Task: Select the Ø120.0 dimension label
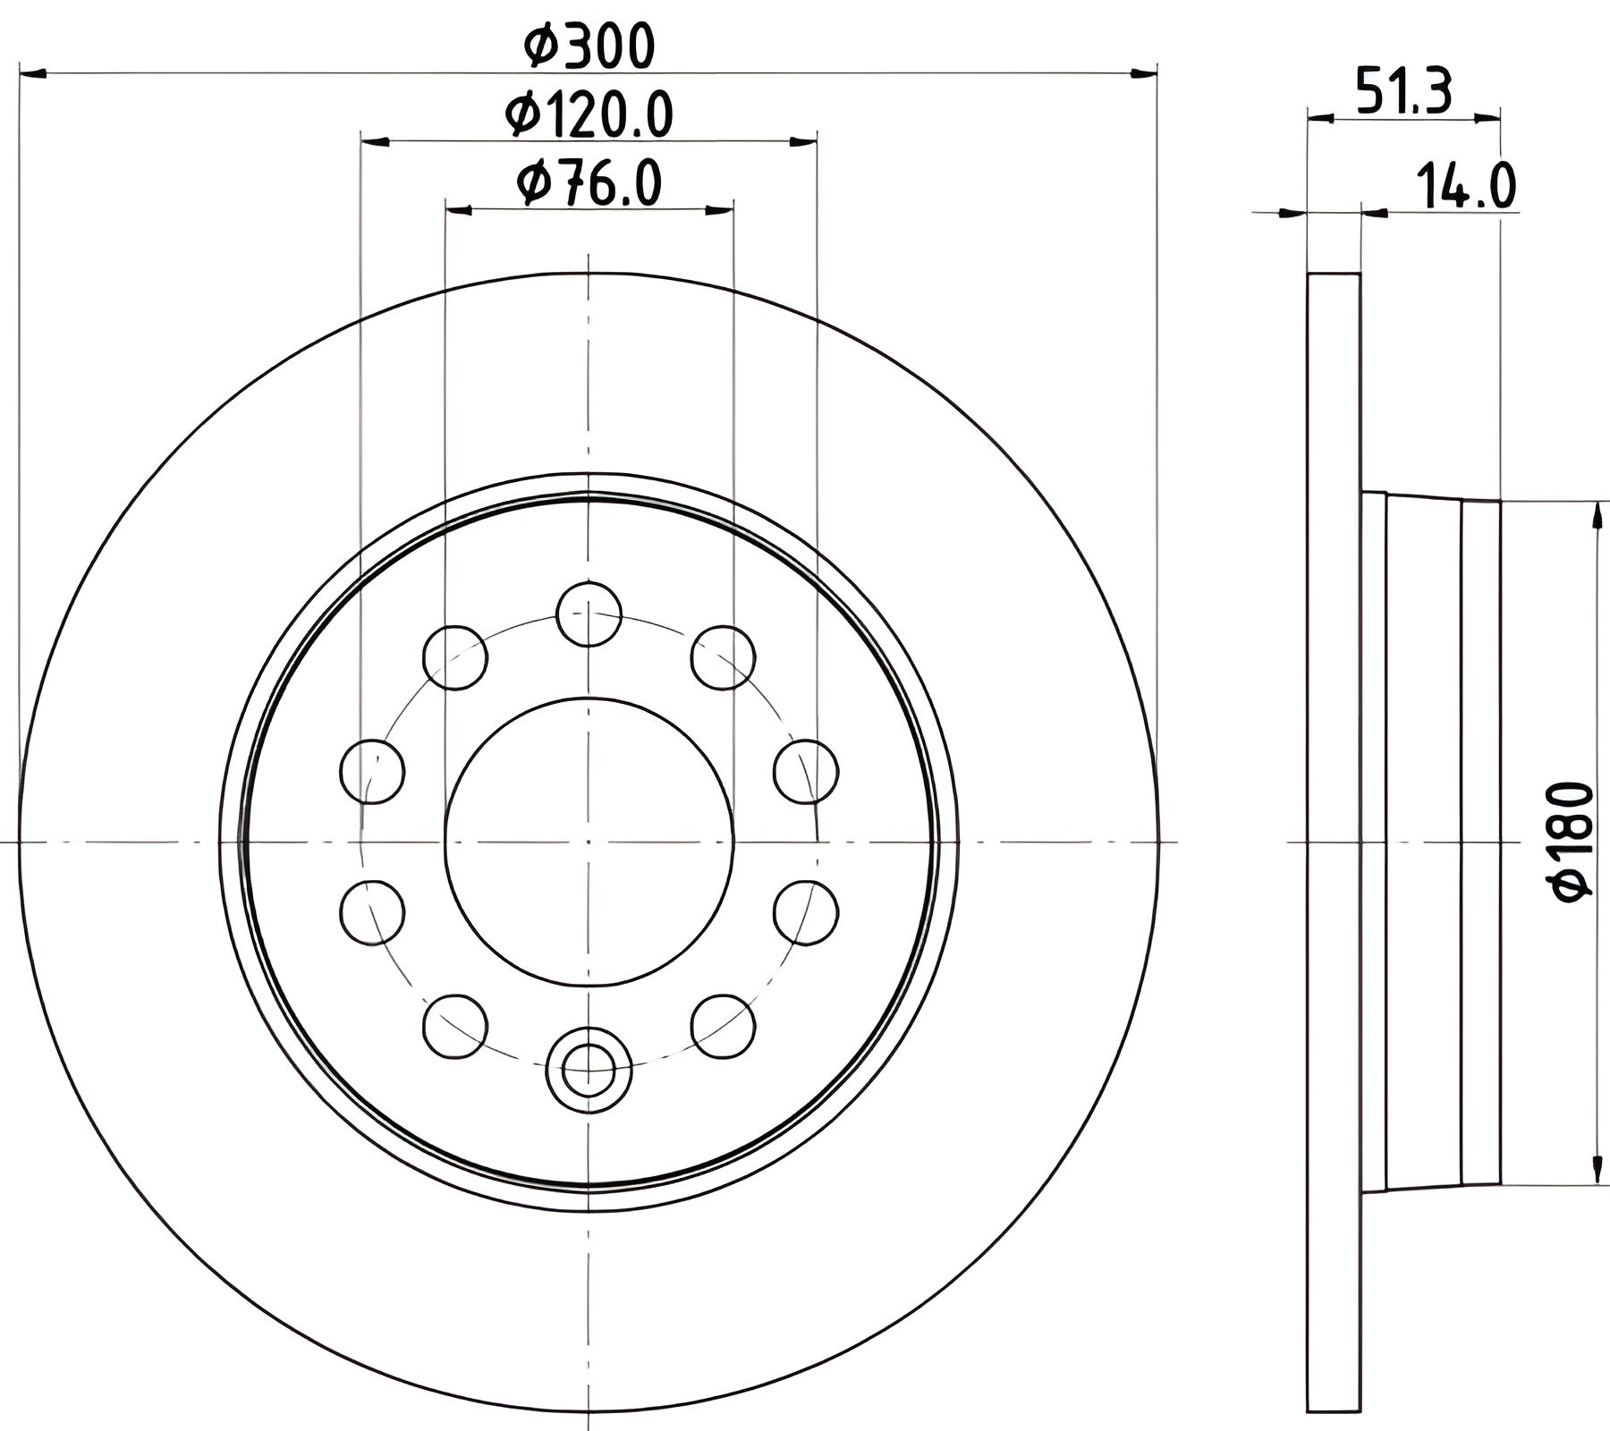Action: click(x=589, y=114)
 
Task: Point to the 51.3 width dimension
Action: click(x=1403, y=90)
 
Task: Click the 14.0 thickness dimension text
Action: click(x=1465, y=187)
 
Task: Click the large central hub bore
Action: click(x=589, y=842)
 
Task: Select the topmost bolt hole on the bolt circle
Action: click(x=589, y=614)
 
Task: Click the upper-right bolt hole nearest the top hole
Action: click(x=723, y=657)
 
